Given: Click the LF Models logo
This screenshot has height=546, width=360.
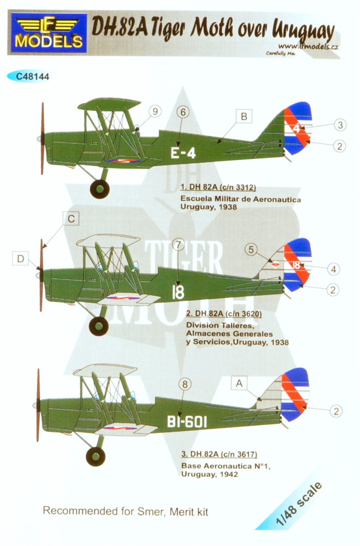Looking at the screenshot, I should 47,33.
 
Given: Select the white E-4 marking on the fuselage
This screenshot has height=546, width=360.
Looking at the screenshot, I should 183,153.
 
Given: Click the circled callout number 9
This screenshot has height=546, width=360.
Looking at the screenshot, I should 156,111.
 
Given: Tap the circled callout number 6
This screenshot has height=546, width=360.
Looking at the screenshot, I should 183,111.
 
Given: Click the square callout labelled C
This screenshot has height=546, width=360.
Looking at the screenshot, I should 71,220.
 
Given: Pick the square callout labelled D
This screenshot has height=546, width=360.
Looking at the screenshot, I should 20,259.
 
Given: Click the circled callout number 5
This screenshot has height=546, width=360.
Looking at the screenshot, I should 249,250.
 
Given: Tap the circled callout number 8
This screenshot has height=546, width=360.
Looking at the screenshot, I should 184,385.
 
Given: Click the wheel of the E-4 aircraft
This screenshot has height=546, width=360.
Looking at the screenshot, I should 100,189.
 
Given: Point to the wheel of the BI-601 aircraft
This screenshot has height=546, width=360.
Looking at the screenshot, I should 96,456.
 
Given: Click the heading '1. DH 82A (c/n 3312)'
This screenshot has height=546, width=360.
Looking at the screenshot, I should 218,187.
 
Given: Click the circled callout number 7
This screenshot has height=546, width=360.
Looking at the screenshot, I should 178,244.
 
